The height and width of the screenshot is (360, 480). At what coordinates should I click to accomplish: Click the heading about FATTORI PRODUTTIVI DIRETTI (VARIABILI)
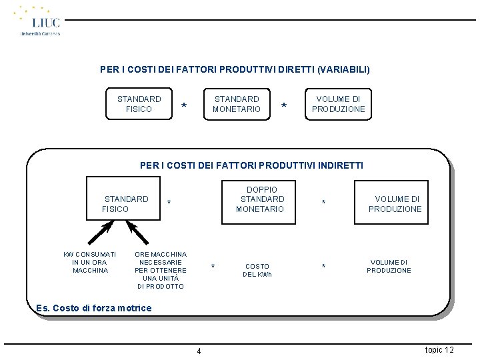point(235,69)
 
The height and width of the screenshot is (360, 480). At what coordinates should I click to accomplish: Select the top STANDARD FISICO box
point(139,104)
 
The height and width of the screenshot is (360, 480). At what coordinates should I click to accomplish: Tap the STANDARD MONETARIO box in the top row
point(237,104)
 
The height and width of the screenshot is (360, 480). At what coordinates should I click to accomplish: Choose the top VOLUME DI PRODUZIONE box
point(339,104)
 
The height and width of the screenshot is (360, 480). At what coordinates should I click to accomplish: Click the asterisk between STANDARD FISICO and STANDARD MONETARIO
point(184,107)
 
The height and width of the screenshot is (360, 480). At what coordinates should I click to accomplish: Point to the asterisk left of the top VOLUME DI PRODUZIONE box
point(285,107)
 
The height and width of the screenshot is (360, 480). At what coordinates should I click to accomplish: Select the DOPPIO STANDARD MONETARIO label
point(261,199)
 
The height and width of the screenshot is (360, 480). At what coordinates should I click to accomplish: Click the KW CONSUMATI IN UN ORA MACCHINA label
point(90,262)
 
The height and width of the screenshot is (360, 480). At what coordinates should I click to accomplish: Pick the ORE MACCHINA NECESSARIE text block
point(161,270)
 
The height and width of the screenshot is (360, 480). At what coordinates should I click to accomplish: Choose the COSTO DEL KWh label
point(257,270)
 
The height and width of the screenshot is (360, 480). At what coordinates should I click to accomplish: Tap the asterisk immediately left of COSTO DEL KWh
point(213,267)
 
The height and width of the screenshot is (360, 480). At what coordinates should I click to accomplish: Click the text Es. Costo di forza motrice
point(94,308)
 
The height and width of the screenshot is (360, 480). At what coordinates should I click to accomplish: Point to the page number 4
point(199,351)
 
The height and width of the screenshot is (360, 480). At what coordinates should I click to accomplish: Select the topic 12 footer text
point(439,350)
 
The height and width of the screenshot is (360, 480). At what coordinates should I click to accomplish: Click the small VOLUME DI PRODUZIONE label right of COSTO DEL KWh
point(389,266)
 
